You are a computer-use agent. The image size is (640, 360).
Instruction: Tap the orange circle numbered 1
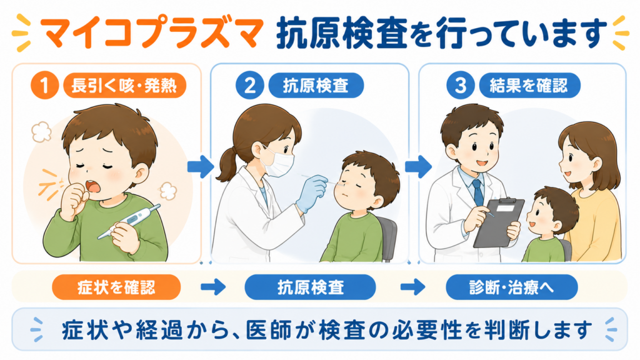[44, 85]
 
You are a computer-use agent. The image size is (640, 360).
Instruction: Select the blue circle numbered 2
[249, 85]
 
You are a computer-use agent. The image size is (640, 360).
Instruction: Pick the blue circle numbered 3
[460, 85]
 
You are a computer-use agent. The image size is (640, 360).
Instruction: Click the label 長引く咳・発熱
[124, 86]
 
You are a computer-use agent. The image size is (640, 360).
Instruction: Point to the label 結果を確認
[529, 86]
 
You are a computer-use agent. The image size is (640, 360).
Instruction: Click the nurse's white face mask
[278, 162]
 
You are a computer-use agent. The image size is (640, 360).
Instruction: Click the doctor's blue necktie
[477, 192]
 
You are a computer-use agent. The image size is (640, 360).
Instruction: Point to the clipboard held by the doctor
[499, 222]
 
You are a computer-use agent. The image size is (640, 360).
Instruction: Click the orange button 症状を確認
[116, 287]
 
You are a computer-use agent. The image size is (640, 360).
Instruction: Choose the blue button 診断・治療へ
[512, 287]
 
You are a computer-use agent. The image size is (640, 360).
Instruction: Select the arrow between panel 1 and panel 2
[201, 166]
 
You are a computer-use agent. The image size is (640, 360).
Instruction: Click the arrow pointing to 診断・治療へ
[413, 287]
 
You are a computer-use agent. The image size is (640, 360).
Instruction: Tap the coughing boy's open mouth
[92, 186]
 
